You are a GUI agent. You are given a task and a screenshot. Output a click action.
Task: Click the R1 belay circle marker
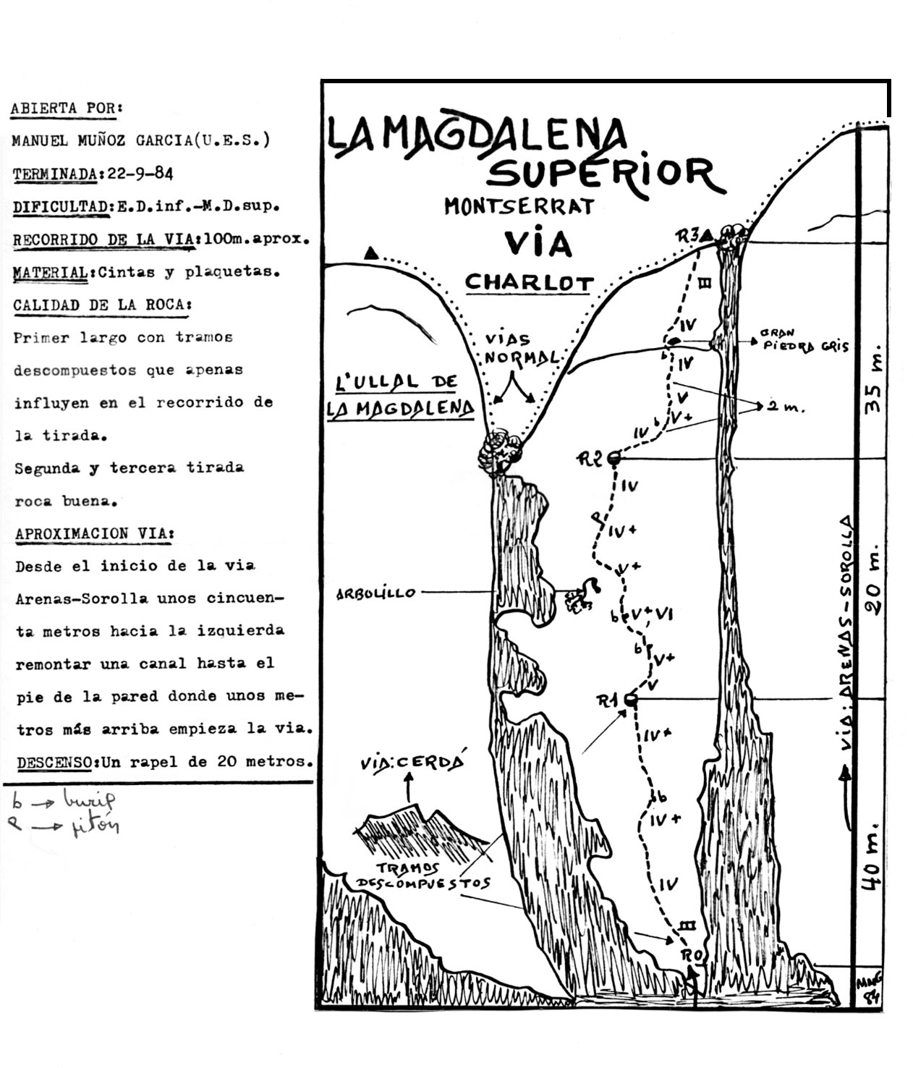click(x=630, y=700)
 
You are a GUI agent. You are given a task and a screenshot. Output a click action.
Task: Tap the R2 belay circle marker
click(x=614, y=457)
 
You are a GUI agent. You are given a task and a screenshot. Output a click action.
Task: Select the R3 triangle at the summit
click(x=707, y=233)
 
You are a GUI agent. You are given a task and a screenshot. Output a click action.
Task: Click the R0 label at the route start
click(x=692, y=955)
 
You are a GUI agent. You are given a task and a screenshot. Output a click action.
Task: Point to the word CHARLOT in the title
click(x=529, y=282)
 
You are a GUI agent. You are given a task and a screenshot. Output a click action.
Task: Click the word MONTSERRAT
click(x=519, y=206)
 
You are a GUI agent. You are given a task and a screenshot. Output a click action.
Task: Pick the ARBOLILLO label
click(x=376, y=594)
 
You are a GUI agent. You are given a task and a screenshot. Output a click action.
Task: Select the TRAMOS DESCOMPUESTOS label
click(x=422, y=876)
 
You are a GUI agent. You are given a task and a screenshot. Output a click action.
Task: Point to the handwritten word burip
click(x=88, y=800)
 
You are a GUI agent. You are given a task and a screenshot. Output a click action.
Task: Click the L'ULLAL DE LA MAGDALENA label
click(x=400, y=396)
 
